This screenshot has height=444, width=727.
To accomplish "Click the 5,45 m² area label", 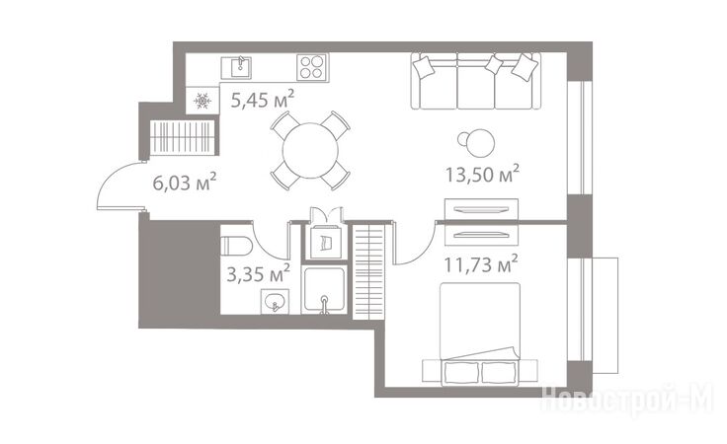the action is [x=263, y=99].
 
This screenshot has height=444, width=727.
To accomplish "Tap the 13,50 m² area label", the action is [x=482, y=174].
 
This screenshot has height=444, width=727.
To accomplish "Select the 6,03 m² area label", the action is [x=185, y=182].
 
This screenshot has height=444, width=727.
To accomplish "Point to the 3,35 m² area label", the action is [x=258, y=273].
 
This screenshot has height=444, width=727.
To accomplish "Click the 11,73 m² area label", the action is [x=481, y=264].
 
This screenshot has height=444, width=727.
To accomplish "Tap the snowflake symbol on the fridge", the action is [x=202, y=101].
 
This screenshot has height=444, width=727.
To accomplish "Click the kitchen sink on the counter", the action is [x=236, y=68].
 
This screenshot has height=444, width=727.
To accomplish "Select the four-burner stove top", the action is [x=311, y=67].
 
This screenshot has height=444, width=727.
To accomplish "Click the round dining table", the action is [x=310, y=150].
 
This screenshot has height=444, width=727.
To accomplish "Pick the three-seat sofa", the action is [x=476, y=81].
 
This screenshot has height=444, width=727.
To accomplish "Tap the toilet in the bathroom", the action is [x=236, y=246].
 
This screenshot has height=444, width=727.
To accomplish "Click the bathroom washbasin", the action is [x=275, y=302].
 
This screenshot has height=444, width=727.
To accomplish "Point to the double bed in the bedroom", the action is [x=480, y=333].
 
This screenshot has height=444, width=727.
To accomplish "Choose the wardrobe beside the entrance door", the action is [x=183, y=137].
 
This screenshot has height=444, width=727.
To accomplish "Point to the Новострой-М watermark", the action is [x=626, y=399].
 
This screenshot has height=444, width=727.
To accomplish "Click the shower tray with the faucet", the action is [x=324, y=290].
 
